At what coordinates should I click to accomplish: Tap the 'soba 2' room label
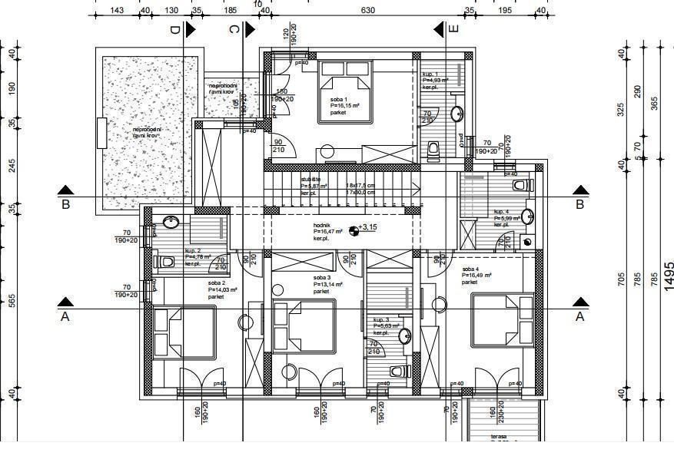[x=216, y=283]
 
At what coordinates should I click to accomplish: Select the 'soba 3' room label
[x=322, y=278]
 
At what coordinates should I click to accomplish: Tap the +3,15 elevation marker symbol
[x=353, y=228]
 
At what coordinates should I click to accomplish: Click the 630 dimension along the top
[x=368, y=10]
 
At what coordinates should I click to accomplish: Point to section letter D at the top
[x=174, y=30]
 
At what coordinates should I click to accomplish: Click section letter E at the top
[x=453, y=30]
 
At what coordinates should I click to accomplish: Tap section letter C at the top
[x=234, y=30]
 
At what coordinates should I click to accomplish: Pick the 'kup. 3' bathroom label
[x=381, y=319]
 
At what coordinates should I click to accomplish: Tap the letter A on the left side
[x=65, y=316]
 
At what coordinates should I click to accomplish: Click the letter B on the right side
[x=580, y=204]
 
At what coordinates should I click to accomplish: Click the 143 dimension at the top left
[x=117, y=10]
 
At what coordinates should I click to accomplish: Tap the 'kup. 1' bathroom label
[x=430, y=74]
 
